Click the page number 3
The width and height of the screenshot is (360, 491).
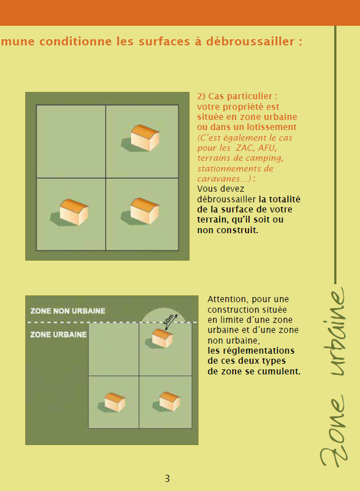tap(167, 479)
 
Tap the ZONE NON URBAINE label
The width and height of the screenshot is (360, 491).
tap(68, 311)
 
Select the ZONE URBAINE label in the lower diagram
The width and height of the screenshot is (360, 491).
tap(58, 335)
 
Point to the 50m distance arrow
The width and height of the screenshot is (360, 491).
tap(172, 322)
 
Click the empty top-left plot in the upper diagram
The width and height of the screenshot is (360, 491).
tap(71, 142)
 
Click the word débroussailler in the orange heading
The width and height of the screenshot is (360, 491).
tap(250, 41)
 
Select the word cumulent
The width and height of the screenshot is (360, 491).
tap(283, 372)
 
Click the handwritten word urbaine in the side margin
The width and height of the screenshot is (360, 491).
tap(338, 331)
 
